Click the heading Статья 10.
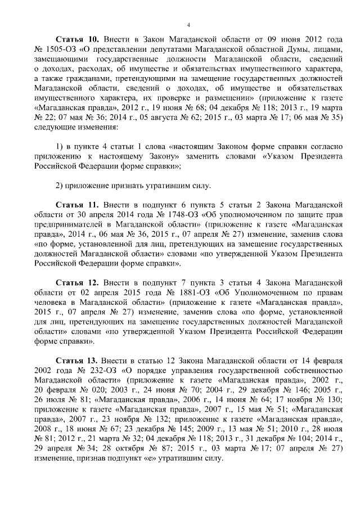[78, 39]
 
